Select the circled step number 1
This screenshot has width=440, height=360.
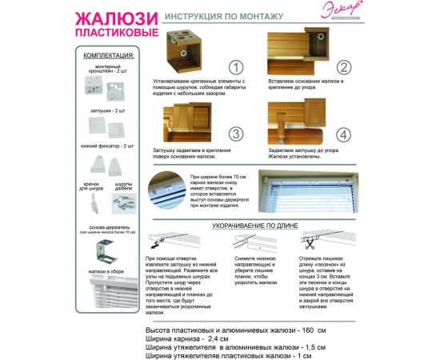coord(235,68)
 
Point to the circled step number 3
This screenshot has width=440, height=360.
coord(235,133)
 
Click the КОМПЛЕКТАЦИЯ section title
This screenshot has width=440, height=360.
coord(109,57)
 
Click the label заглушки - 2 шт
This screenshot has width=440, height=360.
coord(109,106)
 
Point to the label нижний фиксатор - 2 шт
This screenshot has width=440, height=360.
coord(109,146)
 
